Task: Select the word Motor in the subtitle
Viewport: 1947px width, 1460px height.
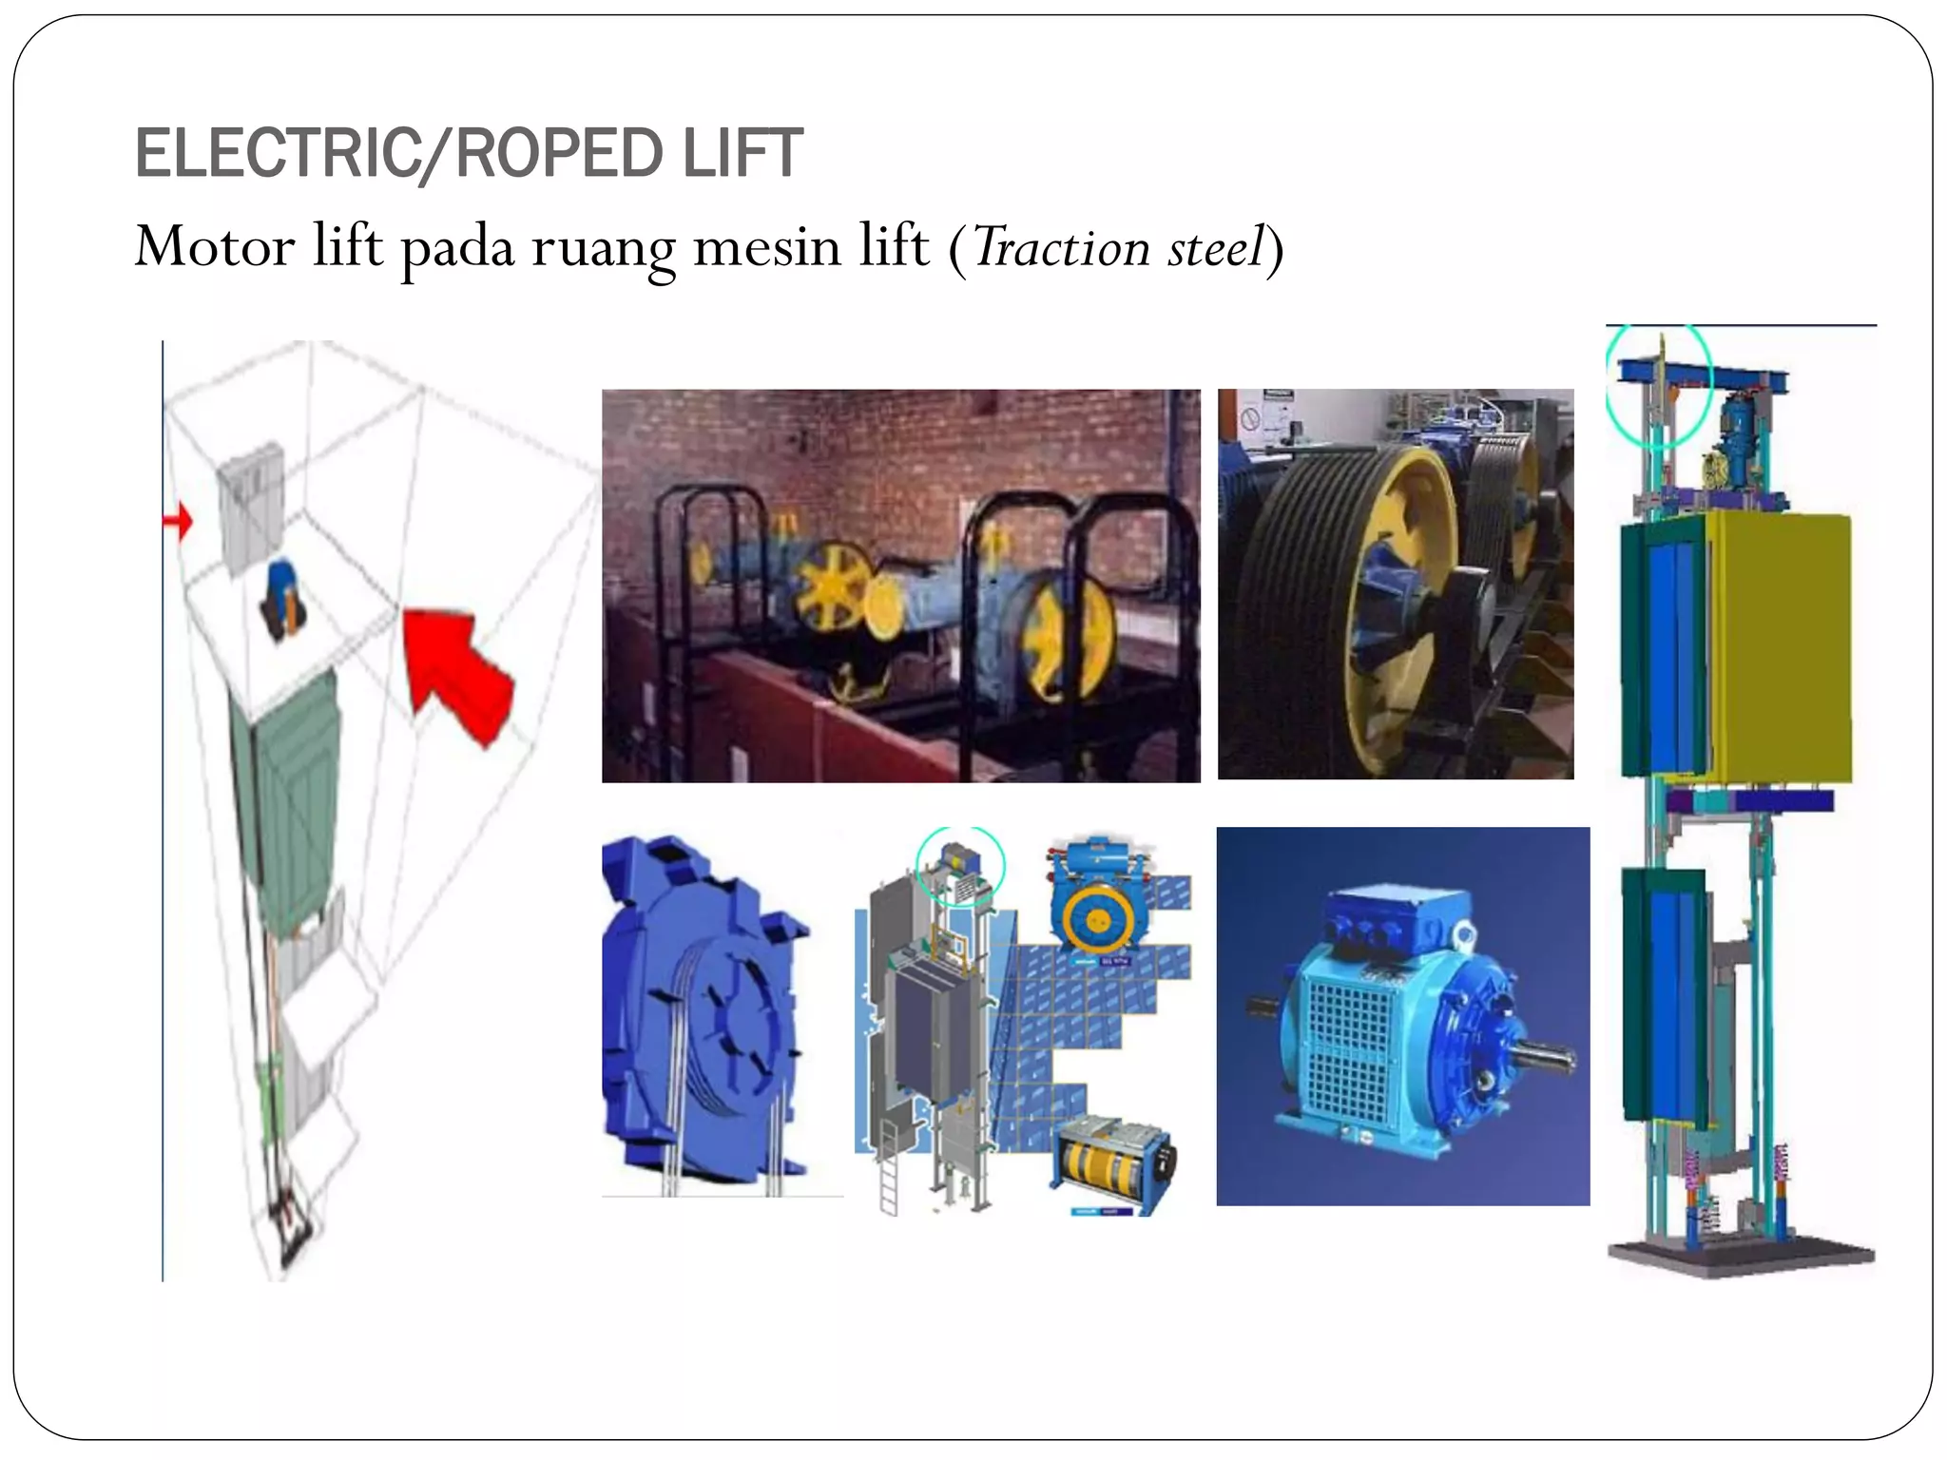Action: point(215,246)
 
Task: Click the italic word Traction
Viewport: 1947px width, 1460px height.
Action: point(1061,248)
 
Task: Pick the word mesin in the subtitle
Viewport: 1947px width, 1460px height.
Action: point(767,247)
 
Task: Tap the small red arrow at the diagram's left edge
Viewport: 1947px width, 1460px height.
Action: point(178,521)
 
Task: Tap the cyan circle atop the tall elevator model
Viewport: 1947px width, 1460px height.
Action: point(1659,385)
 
